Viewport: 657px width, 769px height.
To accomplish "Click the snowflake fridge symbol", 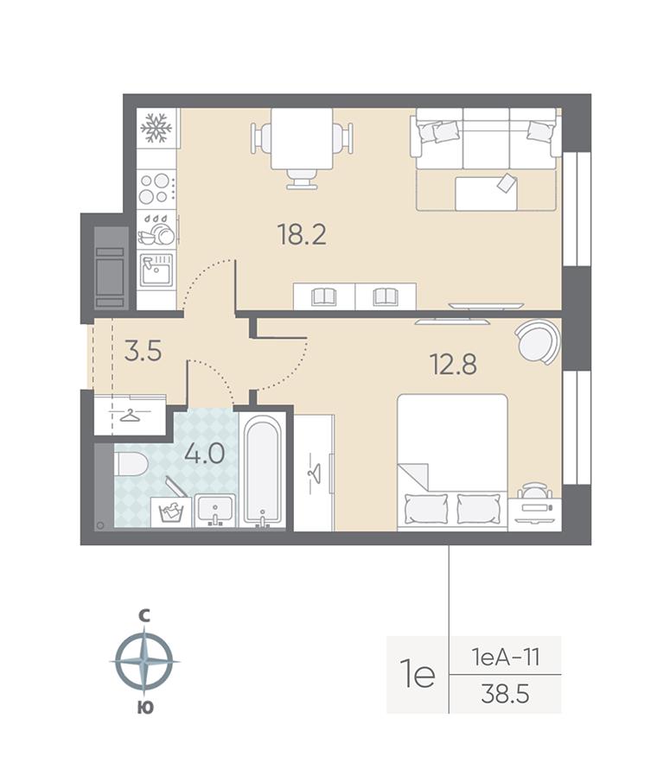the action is click(x=156, y=129).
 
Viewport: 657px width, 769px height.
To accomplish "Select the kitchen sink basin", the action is click(x=156, y=270).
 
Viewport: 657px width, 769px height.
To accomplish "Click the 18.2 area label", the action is click(x=302, y=234).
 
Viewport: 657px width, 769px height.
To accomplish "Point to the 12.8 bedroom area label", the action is click(x=453, y=364).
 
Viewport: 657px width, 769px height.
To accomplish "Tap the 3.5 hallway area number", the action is click(x=143, y=351).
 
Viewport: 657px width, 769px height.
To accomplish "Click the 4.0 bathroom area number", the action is click(x=205, y=454).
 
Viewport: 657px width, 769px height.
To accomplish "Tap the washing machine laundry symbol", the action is click(x=171, y=512).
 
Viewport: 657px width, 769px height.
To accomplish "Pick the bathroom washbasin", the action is click(x=215, y=511).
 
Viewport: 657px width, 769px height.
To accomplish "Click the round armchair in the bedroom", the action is click(x=538, y=342).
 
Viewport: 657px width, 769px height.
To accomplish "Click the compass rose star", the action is click(x=144, y=662).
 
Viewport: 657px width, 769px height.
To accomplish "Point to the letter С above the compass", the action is click(x=144, y=616).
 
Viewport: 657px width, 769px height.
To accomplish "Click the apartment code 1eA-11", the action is click(x=506, y=656).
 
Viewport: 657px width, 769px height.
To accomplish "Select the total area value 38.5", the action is click(x=506, y=695).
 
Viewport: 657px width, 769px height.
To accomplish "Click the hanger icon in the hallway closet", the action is click(x=131, y=416).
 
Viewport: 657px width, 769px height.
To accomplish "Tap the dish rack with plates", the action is click(x=157, y=230).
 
